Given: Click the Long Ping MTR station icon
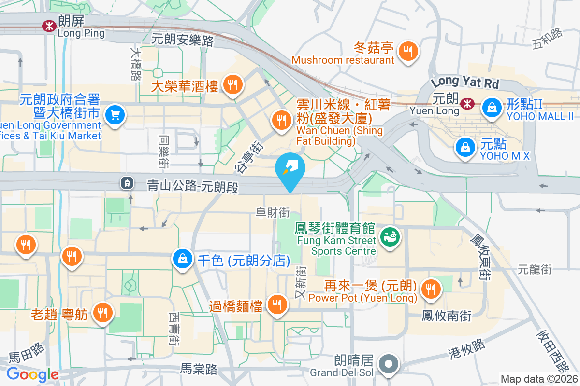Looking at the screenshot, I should tap(49, 26).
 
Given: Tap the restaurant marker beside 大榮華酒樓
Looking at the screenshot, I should tap(233, 85).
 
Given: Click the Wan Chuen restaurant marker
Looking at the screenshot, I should tap(281, 119).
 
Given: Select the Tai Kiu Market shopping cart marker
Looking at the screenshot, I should tap(115, 115).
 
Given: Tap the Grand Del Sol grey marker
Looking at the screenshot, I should tap(389, 364).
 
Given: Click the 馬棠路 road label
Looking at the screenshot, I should tap(199, 370).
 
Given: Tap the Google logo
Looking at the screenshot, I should tap(32, 374).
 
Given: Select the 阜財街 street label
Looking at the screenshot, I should tap(273, 212).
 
